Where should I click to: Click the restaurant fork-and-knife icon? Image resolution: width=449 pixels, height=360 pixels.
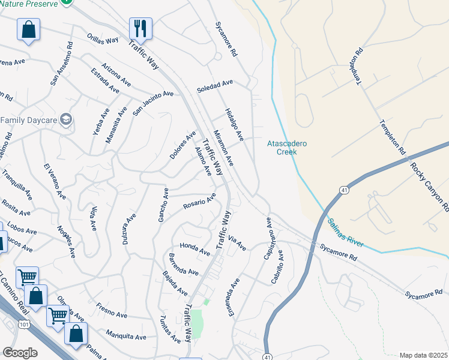click(x=140, y=28)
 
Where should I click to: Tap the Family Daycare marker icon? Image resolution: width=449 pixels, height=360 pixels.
click(x=66, y=119)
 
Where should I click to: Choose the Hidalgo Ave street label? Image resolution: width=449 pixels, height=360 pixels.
click(x=234, y=125)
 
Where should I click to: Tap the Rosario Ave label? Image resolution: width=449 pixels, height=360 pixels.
click(x=199, y=202)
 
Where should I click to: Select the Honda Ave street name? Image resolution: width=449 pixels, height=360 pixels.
click(x=195, y=247)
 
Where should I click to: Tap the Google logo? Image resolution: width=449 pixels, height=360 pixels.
click(x=20, y=353)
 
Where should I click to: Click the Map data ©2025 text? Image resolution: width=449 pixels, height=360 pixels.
click(x=423, y=355)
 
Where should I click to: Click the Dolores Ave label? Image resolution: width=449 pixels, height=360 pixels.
click(x=182, y=145)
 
